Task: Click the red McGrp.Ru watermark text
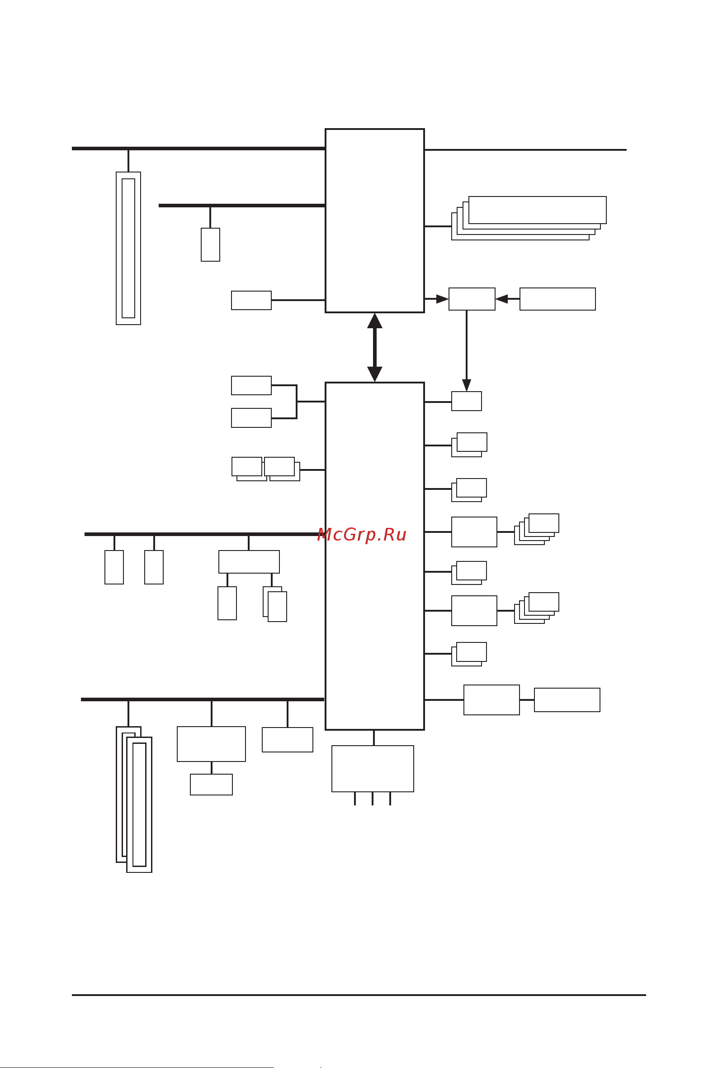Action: point(362,535)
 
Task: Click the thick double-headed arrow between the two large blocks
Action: point(374,347)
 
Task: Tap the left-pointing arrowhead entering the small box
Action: point(502,299)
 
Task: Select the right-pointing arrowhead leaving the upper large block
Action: point(442,299)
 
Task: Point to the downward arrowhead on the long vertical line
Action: point(467,385)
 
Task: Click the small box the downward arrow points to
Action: point(467,401)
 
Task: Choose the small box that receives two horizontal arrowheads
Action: point(472,299)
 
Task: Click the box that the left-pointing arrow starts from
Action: point(557,299)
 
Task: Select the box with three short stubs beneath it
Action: point(373,769)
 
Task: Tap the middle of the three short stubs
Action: point(373,798)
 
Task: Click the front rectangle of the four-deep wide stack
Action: point(537,210)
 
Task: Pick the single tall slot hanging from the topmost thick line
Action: point(128,248)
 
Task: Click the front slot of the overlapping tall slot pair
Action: point(139,805)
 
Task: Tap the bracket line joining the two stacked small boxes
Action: point(297,402)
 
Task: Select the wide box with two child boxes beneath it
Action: point(249,561)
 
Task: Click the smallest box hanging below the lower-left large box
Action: point(211,784)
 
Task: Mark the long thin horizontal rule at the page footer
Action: point(359,995)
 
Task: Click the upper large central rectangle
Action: point(374,220)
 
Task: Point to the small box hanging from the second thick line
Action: point(210,245)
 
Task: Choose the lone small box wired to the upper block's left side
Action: point(251,300)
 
